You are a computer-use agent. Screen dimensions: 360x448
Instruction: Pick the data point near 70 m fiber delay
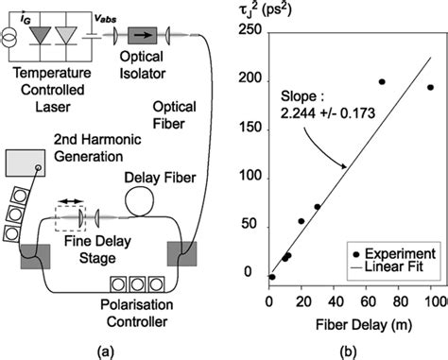coord(382,82)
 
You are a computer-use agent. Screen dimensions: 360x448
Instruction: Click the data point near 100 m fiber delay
coord(430,88)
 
